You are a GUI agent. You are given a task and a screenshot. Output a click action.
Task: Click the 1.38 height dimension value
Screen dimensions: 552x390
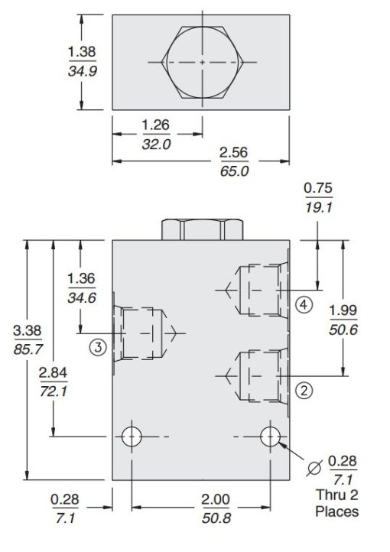(81, 51)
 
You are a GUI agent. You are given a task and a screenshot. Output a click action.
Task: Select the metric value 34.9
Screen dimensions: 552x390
(81, 76)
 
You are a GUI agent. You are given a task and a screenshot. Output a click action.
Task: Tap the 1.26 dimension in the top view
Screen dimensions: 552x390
(157, 125)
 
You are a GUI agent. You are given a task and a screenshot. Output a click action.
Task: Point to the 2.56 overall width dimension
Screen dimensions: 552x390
(234, 154)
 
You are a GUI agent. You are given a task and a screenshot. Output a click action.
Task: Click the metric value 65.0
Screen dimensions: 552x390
(234, 170)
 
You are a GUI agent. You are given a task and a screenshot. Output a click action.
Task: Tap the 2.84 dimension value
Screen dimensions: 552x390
(54, 372)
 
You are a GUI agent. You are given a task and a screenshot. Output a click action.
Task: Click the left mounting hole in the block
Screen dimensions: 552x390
(132, 437)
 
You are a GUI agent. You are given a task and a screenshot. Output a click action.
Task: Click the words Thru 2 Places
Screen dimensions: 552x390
(336, 502)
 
